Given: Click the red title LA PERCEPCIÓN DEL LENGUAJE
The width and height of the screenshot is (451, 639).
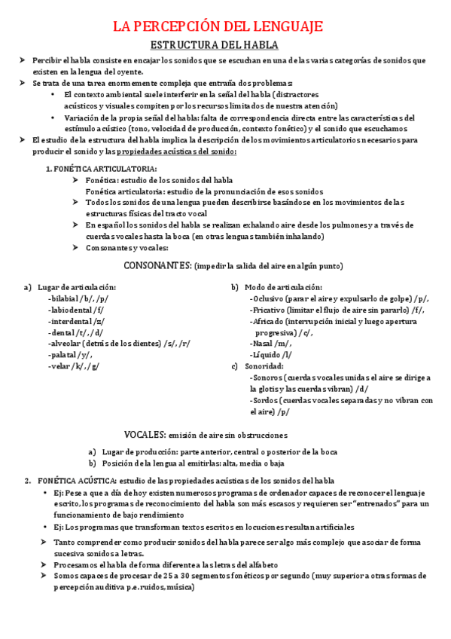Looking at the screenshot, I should [218, 27].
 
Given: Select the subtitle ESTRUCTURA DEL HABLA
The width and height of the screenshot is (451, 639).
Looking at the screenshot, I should [215, 44].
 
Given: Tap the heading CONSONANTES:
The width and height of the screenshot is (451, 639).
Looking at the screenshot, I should [157, 265].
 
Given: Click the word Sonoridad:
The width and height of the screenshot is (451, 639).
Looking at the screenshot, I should [265, 366].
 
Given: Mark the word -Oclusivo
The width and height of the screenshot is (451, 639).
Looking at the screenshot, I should [268, 298].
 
